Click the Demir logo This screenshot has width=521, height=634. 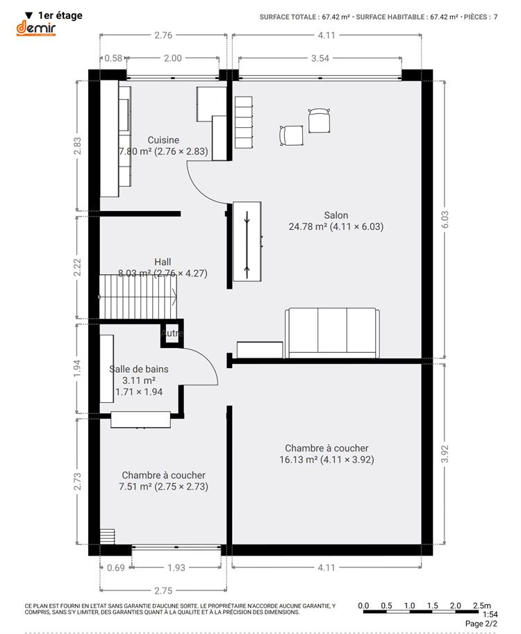(x=35, y=28)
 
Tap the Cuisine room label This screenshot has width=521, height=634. (x=163, y=146)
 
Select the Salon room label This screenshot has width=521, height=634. (x=336, y=221)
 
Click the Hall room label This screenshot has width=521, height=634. (x=163, y=267)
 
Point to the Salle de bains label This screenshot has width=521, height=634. (x=139, y=380)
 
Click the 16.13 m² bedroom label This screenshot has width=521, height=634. (x=326, y=453)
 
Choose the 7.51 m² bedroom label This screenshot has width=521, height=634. (x=163, y=481)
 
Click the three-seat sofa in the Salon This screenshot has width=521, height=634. (x=332, y=333)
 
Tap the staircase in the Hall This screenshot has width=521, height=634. (x=138, y=297)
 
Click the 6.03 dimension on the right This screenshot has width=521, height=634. (x=445, y=219)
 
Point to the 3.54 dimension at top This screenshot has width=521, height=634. (x=320, y=58)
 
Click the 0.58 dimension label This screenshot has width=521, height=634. (x=113, y=58)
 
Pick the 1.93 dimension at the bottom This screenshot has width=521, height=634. (x=176, y=568)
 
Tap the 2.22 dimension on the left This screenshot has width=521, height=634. (x=77, y=267)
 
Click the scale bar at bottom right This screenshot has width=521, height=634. (x=427, y=612)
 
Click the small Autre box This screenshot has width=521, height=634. (x=172, y=333)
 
